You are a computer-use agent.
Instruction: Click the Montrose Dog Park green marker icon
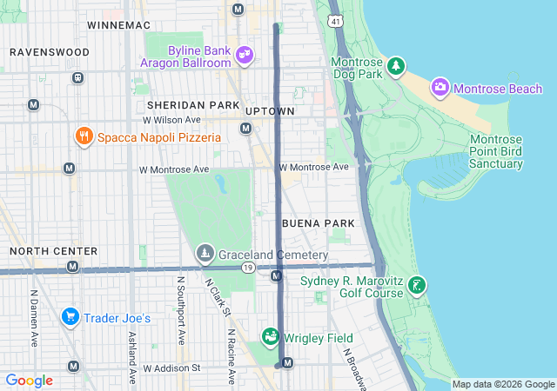[396, 66]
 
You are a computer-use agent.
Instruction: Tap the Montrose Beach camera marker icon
[440, 87]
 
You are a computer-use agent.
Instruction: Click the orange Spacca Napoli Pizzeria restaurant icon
[84, 136]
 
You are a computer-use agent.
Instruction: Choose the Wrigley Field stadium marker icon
[271, 336]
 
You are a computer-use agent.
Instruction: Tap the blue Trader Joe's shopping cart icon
[70, 317]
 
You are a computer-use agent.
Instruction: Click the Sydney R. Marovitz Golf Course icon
[418, 285]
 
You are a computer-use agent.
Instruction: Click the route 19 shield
[248, 268]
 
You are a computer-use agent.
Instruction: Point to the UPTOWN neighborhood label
[270, 111]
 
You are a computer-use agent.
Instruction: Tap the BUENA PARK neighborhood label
[318, 223]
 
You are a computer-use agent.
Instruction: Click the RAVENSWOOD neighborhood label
[49, 52]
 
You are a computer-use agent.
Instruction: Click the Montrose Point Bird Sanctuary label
[496, 152]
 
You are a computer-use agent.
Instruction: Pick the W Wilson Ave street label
[172, 120]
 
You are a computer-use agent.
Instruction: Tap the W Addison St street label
[172, 368]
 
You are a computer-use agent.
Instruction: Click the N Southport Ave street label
[181, 308]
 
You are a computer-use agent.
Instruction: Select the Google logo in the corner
[29, 381]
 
